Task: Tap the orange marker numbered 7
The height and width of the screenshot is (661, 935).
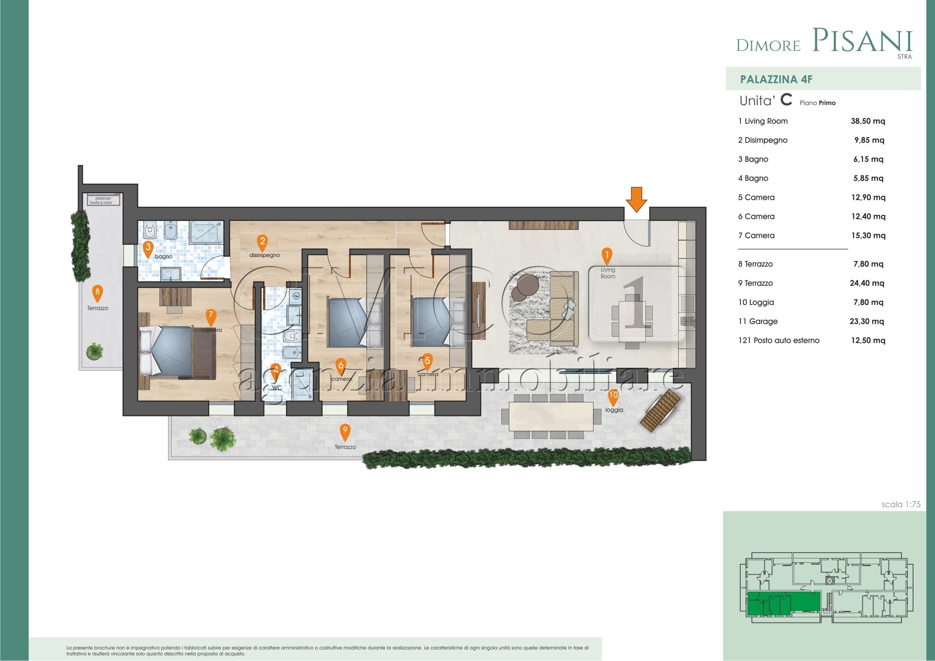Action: coord(211,317)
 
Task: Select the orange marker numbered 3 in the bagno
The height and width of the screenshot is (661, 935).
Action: coord(148,248)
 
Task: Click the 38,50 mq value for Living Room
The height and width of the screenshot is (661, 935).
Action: coord(868,121)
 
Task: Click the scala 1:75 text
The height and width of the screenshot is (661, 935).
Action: coord(900,504)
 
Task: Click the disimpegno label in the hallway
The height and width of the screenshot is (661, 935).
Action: coord(265,255)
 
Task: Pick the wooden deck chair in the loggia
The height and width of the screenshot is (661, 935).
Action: coord(660,410)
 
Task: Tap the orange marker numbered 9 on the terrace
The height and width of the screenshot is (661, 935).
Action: coord(345,431)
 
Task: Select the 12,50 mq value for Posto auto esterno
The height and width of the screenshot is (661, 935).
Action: coord(868,340)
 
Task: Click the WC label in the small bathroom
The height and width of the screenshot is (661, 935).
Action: coord(277,387)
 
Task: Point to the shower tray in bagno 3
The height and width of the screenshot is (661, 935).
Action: coord(207,233)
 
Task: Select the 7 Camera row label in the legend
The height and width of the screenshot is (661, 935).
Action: coord(756,236)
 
